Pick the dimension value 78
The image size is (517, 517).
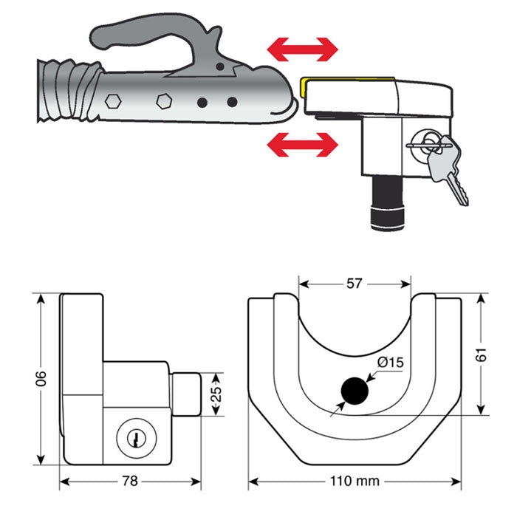click(130, 481)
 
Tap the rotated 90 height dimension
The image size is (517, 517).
click(42, 378)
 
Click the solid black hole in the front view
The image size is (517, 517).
click(354, 391)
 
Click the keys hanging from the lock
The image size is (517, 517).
click(448, 165)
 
